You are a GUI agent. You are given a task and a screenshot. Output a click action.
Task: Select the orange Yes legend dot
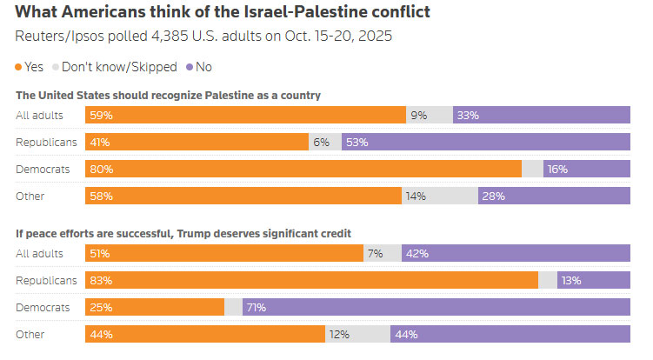(19, 67)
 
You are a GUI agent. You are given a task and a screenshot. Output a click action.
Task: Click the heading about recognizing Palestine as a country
(169, 95)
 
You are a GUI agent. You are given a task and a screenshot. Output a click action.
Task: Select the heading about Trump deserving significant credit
(190, 233)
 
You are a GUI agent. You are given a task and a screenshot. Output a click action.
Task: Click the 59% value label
(100, 115)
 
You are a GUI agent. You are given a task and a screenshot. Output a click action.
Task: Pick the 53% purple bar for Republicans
(485, 142)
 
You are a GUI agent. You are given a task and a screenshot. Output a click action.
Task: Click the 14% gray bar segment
(439, 197)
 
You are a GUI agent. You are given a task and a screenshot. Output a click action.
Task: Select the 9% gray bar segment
(430, 115)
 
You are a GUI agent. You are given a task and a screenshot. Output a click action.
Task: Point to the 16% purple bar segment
(587, 169)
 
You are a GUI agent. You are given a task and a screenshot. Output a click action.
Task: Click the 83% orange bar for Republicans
(311, 280)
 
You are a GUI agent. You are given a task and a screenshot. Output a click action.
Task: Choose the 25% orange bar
(155, 307)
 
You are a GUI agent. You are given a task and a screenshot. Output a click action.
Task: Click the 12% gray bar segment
(358, 334)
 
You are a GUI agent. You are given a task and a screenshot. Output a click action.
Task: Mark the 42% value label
(418, 253)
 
